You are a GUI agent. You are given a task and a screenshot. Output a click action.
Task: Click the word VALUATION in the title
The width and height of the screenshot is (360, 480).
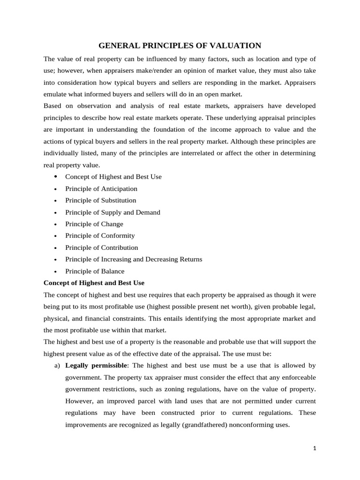point(235,45)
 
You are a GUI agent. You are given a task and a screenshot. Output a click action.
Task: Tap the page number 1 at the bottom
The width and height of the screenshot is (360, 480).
point(315,448)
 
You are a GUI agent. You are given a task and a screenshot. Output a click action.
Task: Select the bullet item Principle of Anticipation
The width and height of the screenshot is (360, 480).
point(101,188)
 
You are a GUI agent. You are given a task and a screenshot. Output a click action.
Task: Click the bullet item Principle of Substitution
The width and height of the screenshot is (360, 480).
point(100,200)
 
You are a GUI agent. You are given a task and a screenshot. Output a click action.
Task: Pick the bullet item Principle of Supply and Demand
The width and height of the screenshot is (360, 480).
point(112,212)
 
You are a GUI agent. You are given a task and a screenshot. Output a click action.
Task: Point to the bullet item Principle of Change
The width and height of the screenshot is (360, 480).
point(94,224)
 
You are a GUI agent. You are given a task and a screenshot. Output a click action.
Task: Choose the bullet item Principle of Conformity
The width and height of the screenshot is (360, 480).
point(100,236)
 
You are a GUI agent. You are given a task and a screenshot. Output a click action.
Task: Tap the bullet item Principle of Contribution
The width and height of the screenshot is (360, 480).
point(101,247)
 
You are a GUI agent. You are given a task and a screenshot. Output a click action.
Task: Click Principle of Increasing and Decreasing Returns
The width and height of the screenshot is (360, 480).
point(134,259)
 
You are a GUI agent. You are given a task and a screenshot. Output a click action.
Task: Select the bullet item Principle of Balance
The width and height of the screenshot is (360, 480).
point(95,271)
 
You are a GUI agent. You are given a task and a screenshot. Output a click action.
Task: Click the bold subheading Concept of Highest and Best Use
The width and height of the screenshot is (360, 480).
point(94,283)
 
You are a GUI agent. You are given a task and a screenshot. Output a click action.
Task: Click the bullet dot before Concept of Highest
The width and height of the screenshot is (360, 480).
point(55,177)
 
